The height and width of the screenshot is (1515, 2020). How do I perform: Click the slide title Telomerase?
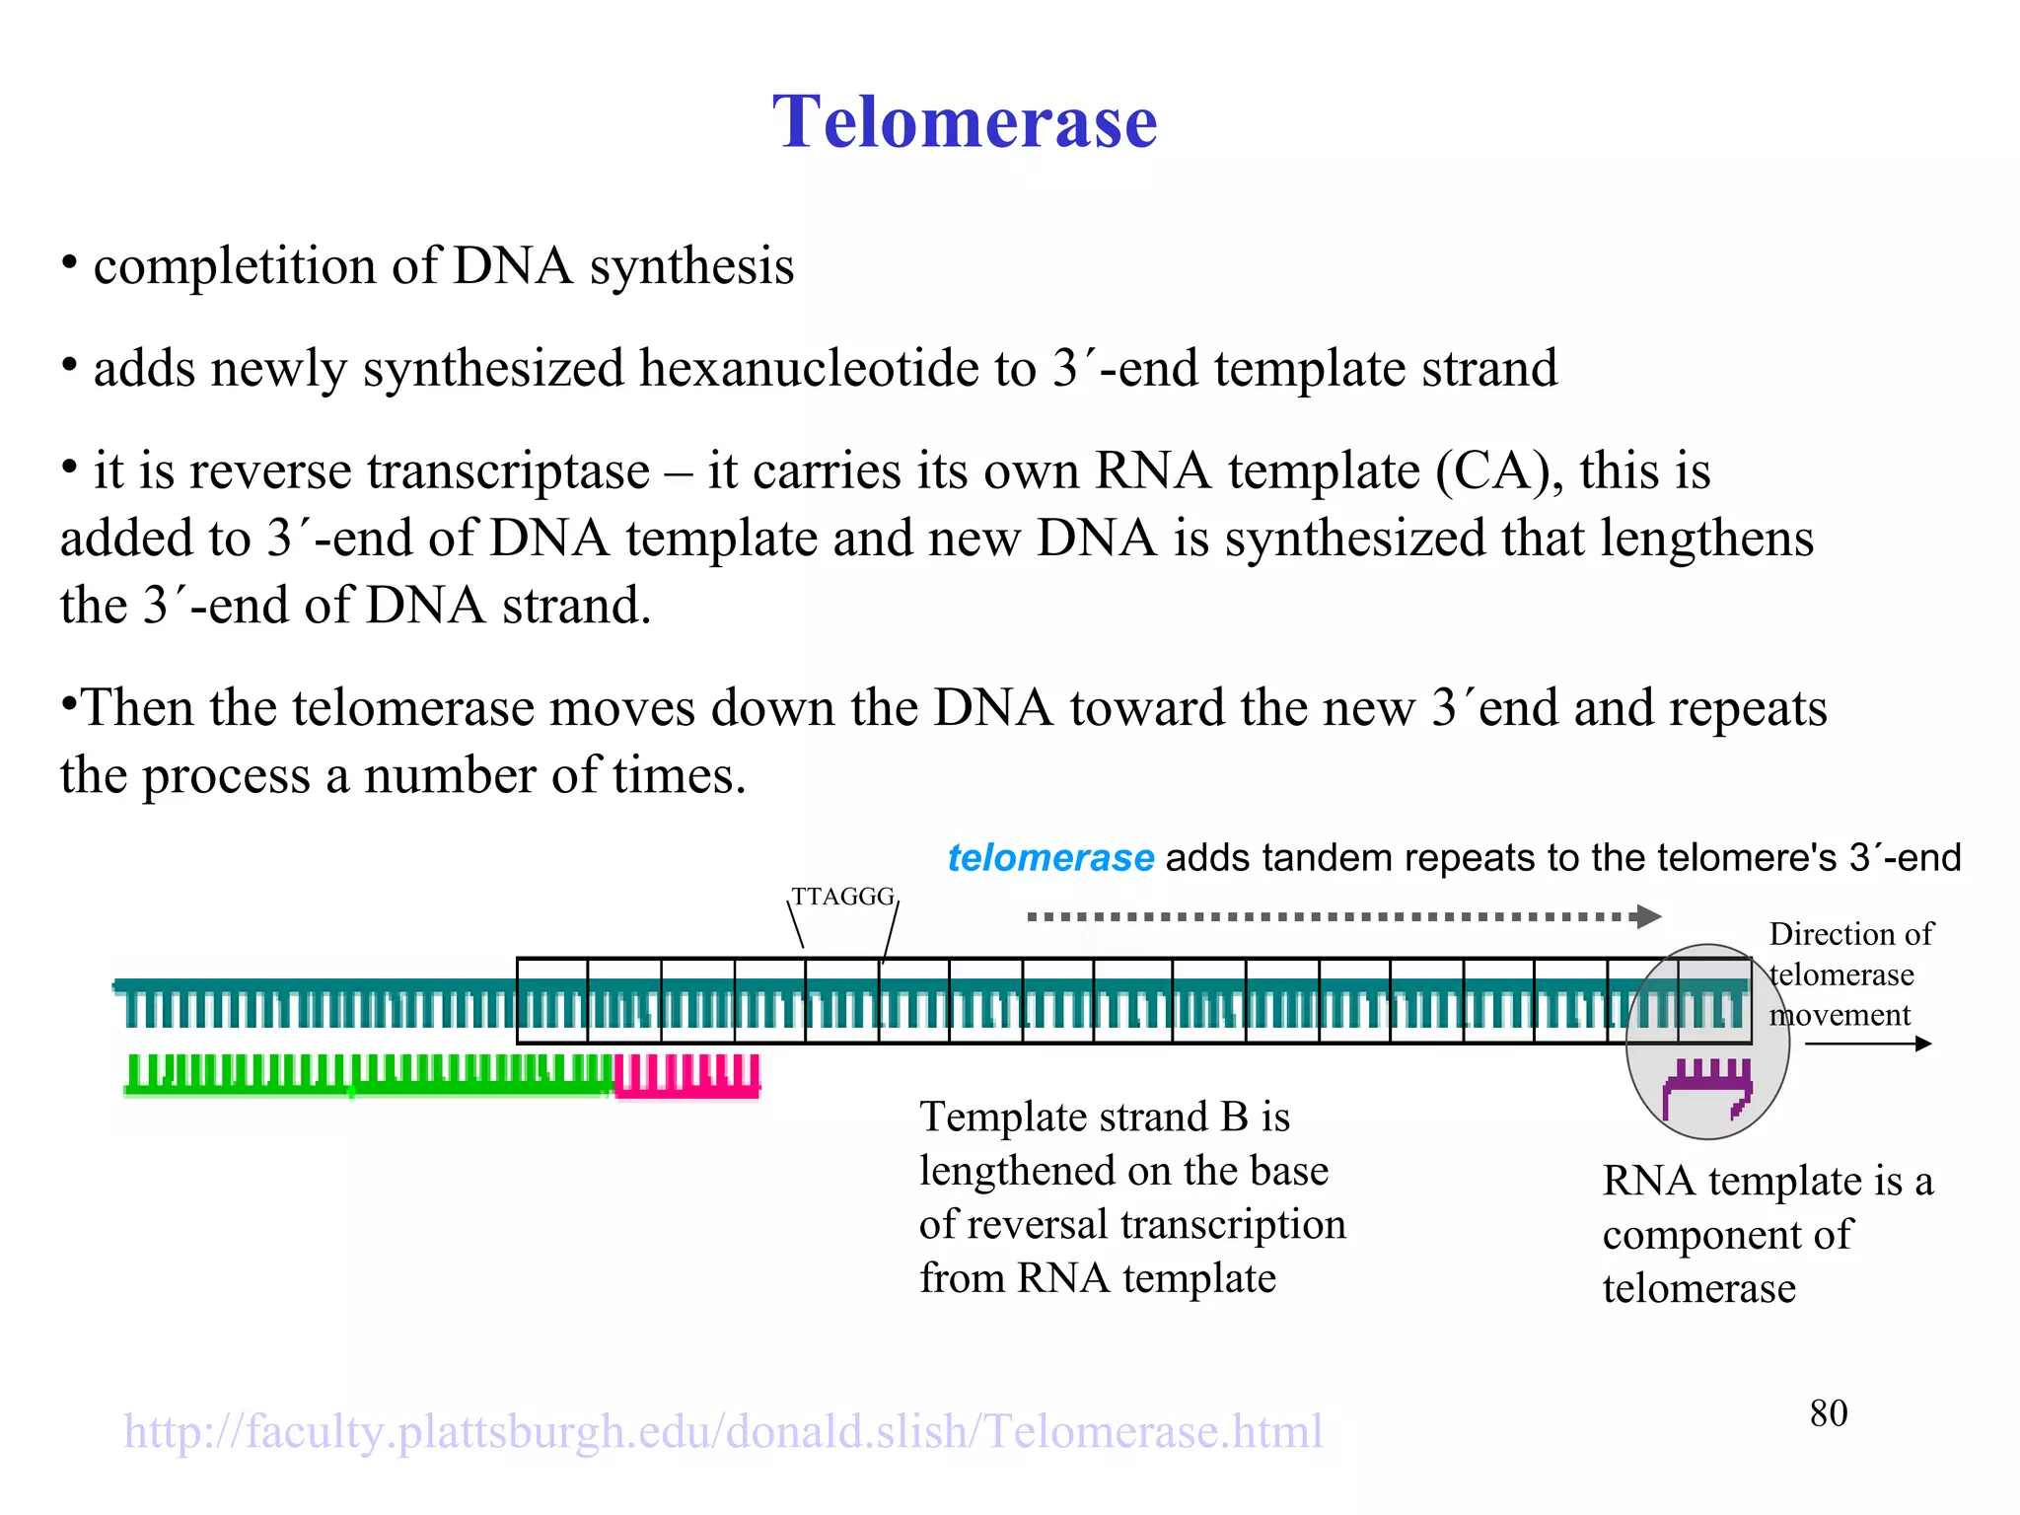tap(964, 122)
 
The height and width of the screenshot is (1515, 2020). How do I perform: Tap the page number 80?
tap(1828, 1413)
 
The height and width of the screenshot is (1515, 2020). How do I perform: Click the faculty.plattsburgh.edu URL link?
tap(723, 1431)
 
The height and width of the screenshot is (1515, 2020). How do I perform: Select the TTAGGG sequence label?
tap(842, 897)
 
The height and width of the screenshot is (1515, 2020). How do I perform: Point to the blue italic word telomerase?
tap(1050, 858)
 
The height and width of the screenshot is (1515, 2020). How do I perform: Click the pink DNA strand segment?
tap(687, 1076)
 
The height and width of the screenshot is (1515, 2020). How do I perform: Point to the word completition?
tap(234, 266)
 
